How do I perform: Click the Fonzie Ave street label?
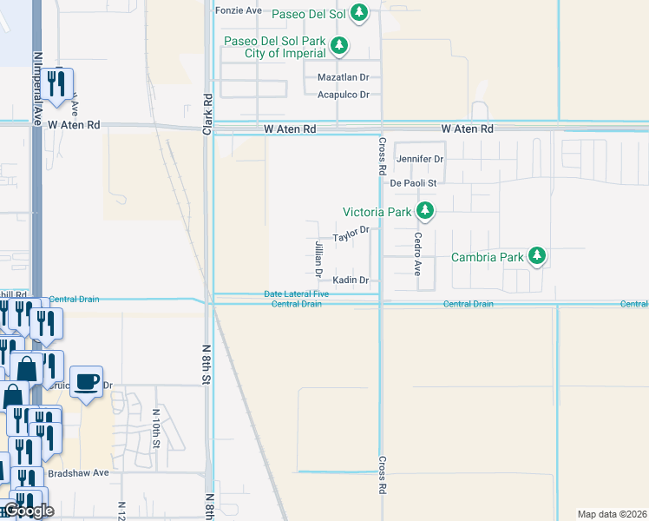click(x=238, y=10)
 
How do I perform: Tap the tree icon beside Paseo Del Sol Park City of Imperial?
click(x=341, y=44)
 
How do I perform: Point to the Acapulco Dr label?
click(x=344, y=95)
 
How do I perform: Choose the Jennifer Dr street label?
click(x=420, y=159)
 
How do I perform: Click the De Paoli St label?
click(x=412, y=183)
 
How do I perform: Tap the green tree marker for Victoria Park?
click(x=425, y=210)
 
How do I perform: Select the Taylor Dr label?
click(x=351, y=233)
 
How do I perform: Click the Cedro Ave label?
click(x=417, y=254)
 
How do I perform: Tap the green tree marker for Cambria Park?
click(x=538, y=256)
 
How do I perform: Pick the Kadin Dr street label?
click(x=351, y=280)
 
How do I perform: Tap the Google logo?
click(x=28, y=511)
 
